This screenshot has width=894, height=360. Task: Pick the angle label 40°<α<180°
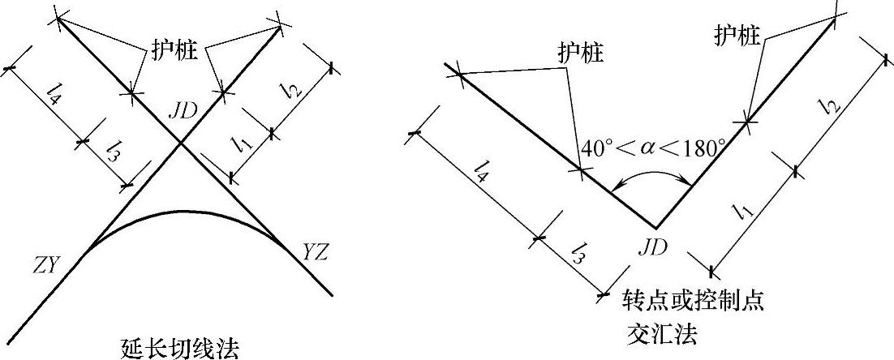654,148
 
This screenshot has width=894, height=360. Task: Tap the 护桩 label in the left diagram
175,47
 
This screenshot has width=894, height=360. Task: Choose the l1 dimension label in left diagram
240,145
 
